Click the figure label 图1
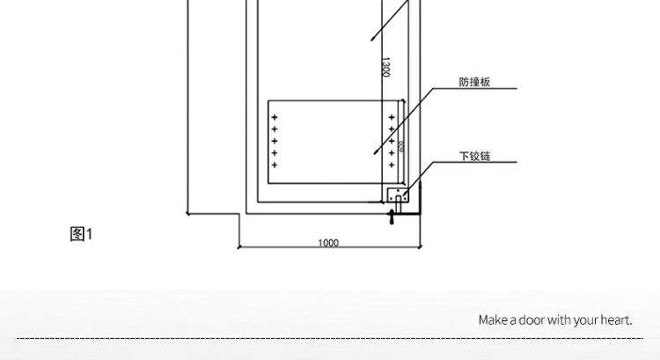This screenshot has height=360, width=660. pyautogui.click(x=81, y=234)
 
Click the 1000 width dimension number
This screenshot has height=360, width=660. pyautogui.click(x=327, y=243)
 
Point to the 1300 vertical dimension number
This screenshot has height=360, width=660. pyautogui.click(x=385, y=67)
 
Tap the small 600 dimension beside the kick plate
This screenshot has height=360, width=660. pyautogui.click(x=400, y=146)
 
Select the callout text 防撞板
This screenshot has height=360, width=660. pyautogui.click(x=474, y=83)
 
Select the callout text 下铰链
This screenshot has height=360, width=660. pyautogui.click(x=474, y=157)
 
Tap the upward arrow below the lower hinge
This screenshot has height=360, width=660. pyautogui.click(x=392, y=217)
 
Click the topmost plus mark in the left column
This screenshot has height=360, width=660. pyautogui.click(x=275, y=117)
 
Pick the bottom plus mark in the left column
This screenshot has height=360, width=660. pyautogui.click(x=275, y=165)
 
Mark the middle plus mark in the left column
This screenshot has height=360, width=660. pyautogui.click(x=275, y=141)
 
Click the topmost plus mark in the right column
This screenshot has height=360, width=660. pyautogui.click(x=392, y=117)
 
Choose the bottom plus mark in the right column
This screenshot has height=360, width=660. pyautogui.click(x=392, y=165)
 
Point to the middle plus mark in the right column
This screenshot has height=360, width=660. pyautogui.click(x=392, y=141)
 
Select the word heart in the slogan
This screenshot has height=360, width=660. pyautogui.click(x=617, y=320)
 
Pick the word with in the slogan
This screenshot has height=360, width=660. pyautogui.click(x=560, y=320)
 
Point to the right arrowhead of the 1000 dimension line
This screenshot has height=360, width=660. pyautogui.click(x=421, y=247)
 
